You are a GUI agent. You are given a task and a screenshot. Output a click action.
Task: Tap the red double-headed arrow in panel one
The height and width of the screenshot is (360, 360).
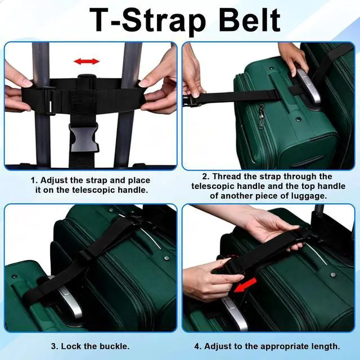point(86,61)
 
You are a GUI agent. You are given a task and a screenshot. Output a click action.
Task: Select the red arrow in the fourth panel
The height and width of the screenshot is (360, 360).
point(245,285)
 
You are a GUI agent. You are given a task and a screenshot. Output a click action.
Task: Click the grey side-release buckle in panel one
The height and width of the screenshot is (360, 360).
point(84,137)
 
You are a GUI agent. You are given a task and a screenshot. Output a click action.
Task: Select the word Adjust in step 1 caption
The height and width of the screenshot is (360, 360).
point(55,181)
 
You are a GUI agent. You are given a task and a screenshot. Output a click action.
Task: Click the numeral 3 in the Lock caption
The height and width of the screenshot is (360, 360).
point(54,346)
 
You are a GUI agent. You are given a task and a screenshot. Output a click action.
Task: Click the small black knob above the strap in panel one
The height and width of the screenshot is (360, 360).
point(85,77)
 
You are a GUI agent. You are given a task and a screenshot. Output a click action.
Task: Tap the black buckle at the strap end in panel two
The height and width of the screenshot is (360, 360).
point(191,101)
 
